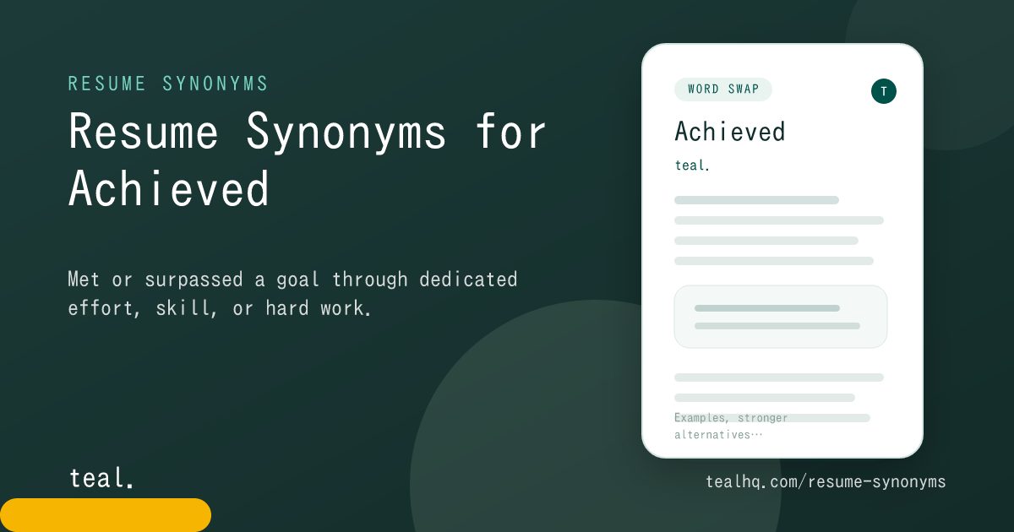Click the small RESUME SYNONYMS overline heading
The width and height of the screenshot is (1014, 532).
coord(168,84)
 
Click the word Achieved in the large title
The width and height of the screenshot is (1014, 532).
coord(169,188)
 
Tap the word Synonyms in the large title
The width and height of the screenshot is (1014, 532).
coord(346,132)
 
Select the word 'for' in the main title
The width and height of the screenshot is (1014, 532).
coord(511,131)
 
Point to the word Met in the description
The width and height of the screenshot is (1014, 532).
coord(84,280)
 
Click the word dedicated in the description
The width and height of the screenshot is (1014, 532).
coord(468,280)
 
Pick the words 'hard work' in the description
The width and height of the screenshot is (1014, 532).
coord(319,308)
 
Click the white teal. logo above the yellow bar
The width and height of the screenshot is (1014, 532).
coord(101,478)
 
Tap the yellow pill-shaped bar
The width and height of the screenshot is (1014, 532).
coord(106,515)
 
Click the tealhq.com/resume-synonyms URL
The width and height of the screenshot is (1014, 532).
coord(826,482)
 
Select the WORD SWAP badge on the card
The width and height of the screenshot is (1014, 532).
coord(723,90)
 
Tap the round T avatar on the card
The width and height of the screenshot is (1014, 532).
coord(884,91)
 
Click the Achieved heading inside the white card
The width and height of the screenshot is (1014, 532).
coord(730,132)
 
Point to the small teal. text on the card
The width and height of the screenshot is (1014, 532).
coord(692,166)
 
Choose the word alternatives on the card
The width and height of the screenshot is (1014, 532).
coord(712,435)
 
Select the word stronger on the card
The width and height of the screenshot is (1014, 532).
coord(763,418)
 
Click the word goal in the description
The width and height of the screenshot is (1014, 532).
coord(297,280)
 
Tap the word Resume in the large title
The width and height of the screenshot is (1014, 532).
coord(144,131)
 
